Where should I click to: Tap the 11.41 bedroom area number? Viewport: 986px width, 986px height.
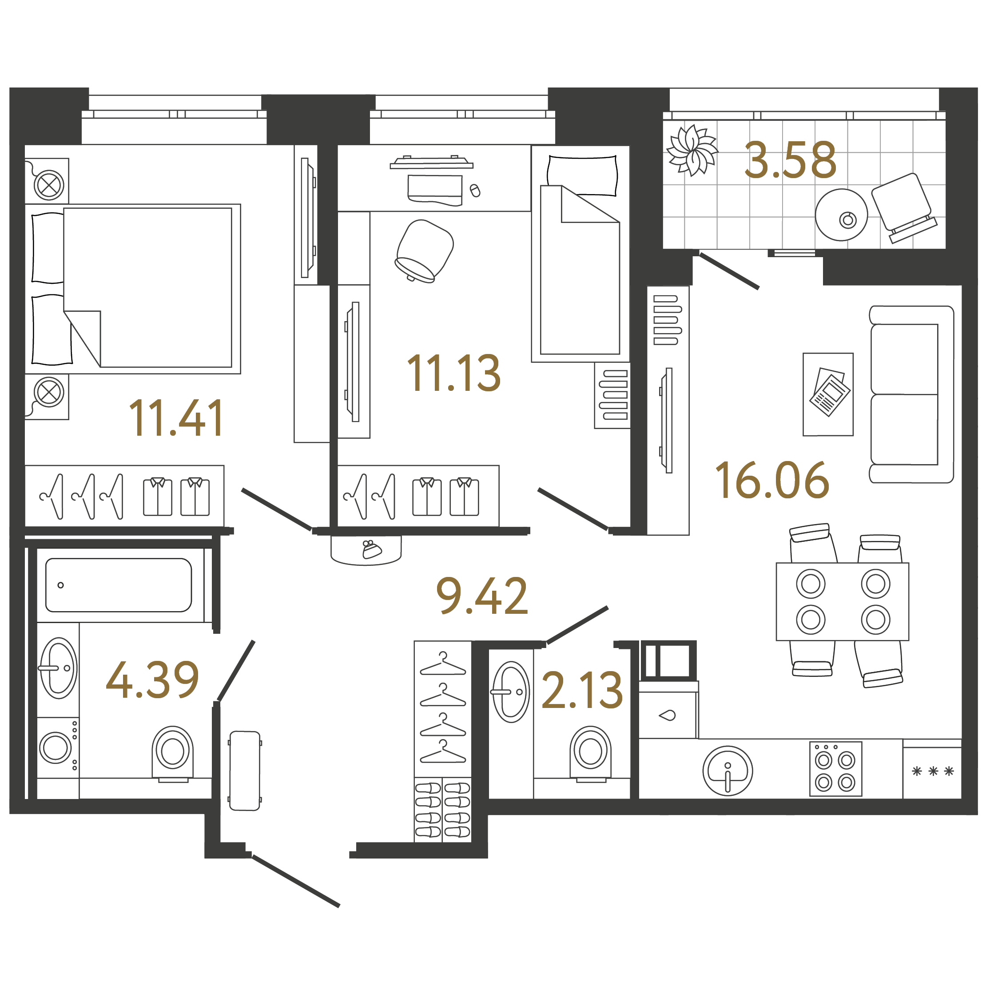[176, 418]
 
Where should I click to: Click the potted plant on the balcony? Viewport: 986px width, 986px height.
[692, 150]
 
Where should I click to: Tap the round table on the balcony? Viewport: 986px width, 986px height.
[841, 215]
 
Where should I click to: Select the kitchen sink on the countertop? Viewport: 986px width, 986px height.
[727, 770]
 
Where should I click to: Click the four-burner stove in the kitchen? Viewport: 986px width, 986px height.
[835, 768]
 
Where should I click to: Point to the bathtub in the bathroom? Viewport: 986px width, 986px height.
[119, 585]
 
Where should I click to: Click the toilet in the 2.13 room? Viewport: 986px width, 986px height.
[590, 752]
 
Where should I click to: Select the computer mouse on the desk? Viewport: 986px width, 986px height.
[475, 191]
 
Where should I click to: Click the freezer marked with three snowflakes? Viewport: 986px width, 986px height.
[932, 771]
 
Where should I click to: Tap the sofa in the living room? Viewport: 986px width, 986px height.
[911, 394]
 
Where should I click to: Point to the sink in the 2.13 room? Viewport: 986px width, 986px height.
[511, 692]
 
